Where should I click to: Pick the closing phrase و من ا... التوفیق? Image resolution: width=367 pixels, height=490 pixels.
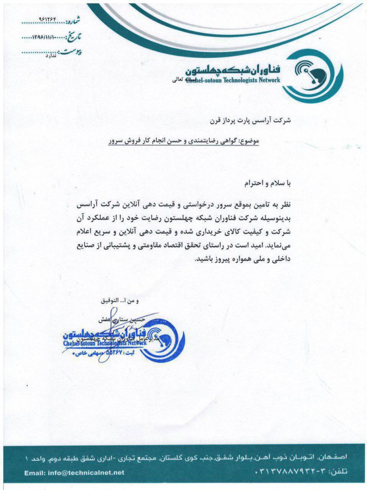(x=119, y=301)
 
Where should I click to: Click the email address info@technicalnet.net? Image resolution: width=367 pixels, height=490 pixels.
(x=74, y=473)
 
